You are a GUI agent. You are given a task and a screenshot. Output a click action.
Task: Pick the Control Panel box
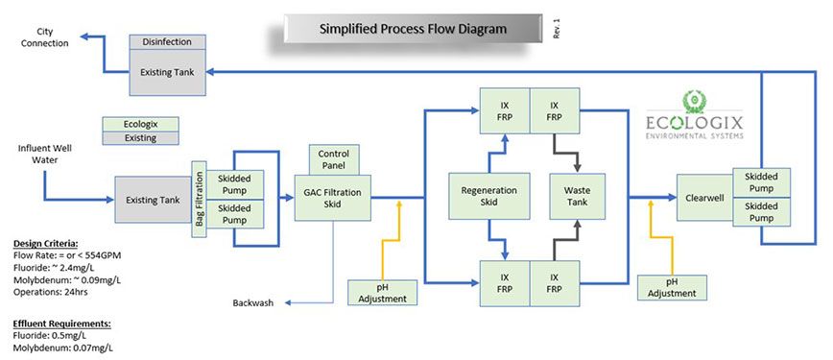pos(333,159)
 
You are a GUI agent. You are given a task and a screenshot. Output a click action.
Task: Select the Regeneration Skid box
pos(489,197)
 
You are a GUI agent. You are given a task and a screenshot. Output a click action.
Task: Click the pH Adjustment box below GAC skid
pos(383,292)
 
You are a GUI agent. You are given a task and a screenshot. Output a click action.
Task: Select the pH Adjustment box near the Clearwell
pos(673,286)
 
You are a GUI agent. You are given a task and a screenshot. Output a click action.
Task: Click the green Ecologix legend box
pos(140,125)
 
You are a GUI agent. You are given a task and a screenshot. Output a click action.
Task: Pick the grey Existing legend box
pos(140,138)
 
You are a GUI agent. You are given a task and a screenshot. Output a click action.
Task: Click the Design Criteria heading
pos(46,244)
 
